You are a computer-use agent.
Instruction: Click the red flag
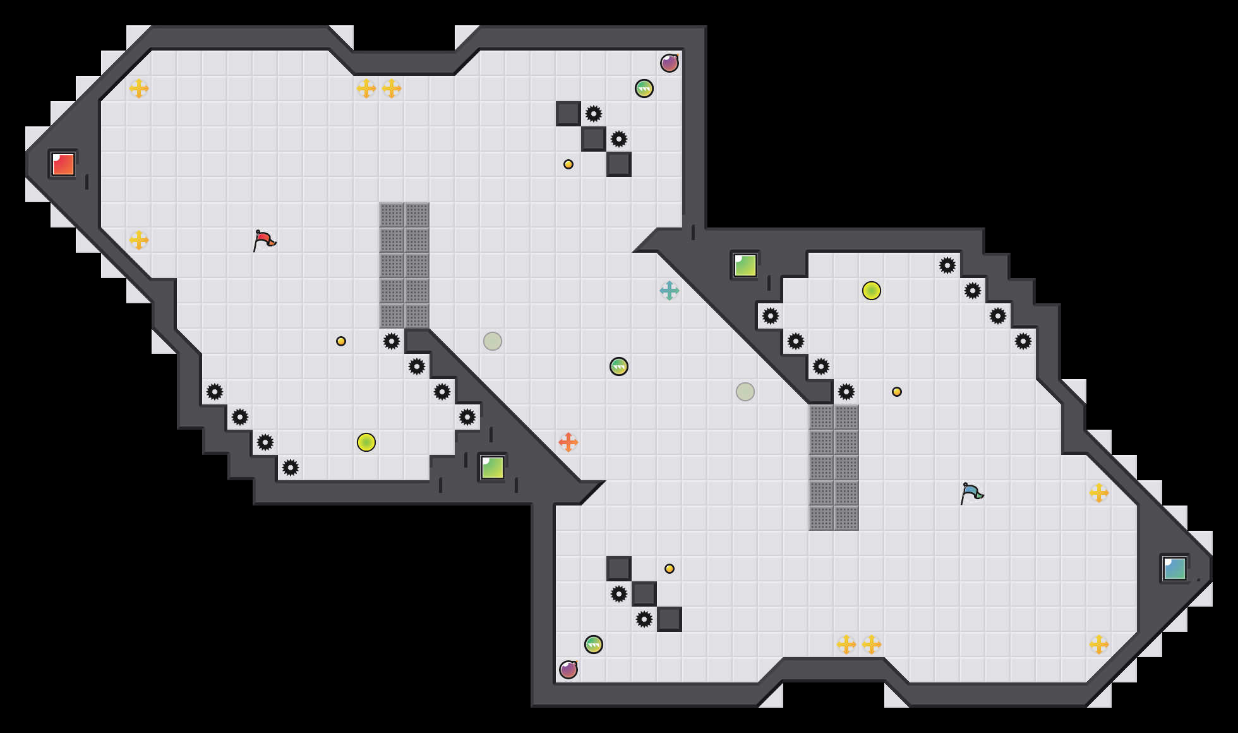point(264,240)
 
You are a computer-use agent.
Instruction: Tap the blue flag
point(971,493)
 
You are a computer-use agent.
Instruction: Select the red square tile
point(63,164)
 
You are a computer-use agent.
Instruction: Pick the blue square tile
point(1174,569)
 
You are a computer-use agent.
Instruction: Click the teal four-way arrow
point(670,291)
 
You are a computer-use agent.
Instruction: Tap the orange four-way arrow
point(568,442)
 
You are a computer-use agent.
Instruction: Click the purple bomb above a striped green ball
point(670,63)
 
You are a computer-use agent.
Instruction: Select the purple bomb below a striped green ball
point(568,670)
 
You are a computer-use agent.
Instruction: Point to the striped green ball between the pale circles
point(619,366)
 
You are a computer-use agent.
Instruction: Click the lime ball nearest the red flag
point(366,442)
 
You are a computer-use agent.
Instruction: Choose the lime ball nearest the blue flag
point(872,291)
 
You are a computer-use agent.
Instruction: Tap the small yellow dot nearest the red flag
point(341,341)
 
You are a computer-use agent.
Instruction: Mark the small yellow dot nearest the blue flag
point(897,392)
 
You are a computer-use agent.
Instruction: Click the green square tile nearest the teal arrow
point(745,265)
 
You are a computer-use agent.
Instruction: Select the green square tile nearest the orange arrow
point(493,468)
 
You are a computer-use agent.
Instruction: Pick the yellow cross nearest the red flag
point(139,240)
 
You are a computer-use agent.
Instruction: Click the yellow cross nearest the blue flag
point(1099,493)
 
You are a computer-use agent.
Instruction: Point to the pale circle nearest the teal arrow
point(745,392)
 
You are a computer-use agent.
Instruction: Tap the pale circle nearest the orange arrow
point(493,341)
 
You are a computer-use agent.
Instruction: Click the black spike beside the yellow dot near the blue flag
point(846,392)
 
